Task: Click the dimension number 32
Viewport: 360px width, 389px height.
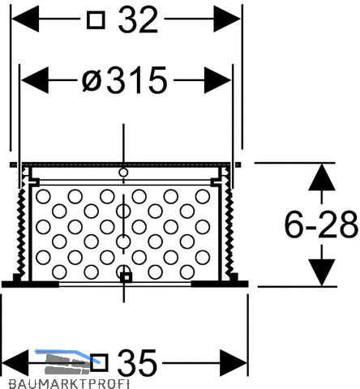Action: point(138,19)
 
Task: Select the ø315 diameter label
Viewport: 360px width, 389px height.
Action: point(125,80)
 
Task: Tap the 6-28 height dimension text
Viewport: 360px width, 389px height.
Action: point(321,224)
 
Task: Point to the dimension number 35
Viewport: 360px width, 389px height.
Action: point(137,363)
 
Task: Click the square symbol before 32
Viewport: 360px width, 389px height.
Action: point(96,19)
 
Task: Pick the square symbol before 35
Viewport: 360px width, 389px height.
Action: point(99,363)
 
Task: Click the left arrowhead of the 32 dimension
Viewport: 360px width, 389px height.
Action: point(25,19)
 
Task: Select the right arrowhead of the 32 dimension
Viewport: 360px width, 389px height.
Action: point(227,19)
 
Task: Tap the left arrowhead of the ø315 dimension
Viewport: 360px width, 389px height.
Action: point(35,80)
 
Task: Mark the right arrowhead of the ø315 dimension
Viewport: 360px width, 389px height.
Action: point(218,80)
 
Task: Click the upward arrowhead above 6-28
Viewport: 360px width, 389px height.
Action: point(322,177)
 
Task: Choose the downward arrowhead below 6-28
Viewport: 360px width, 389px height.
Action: point(322,272)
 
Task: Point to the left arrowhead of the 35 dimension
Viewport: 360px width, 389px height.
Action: point(15,363)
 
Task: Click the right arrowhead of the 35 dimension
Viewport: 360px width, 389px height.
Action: point(234,363)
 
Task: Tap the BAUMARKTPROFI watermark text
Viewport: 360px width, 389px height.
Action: point(69,384)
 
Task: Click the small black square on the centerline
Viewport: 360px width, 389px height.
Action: point(126,277)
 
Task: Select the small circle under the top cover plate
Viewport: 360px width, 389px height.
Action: point(123,172)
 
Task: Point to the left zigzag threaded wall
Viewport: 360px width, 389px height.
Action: point(21,231)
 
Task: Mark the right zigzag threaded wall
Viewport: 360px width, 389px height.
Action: point(229,231)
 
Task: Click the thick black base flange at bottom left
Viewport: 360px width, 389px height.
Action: point(30,284)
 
